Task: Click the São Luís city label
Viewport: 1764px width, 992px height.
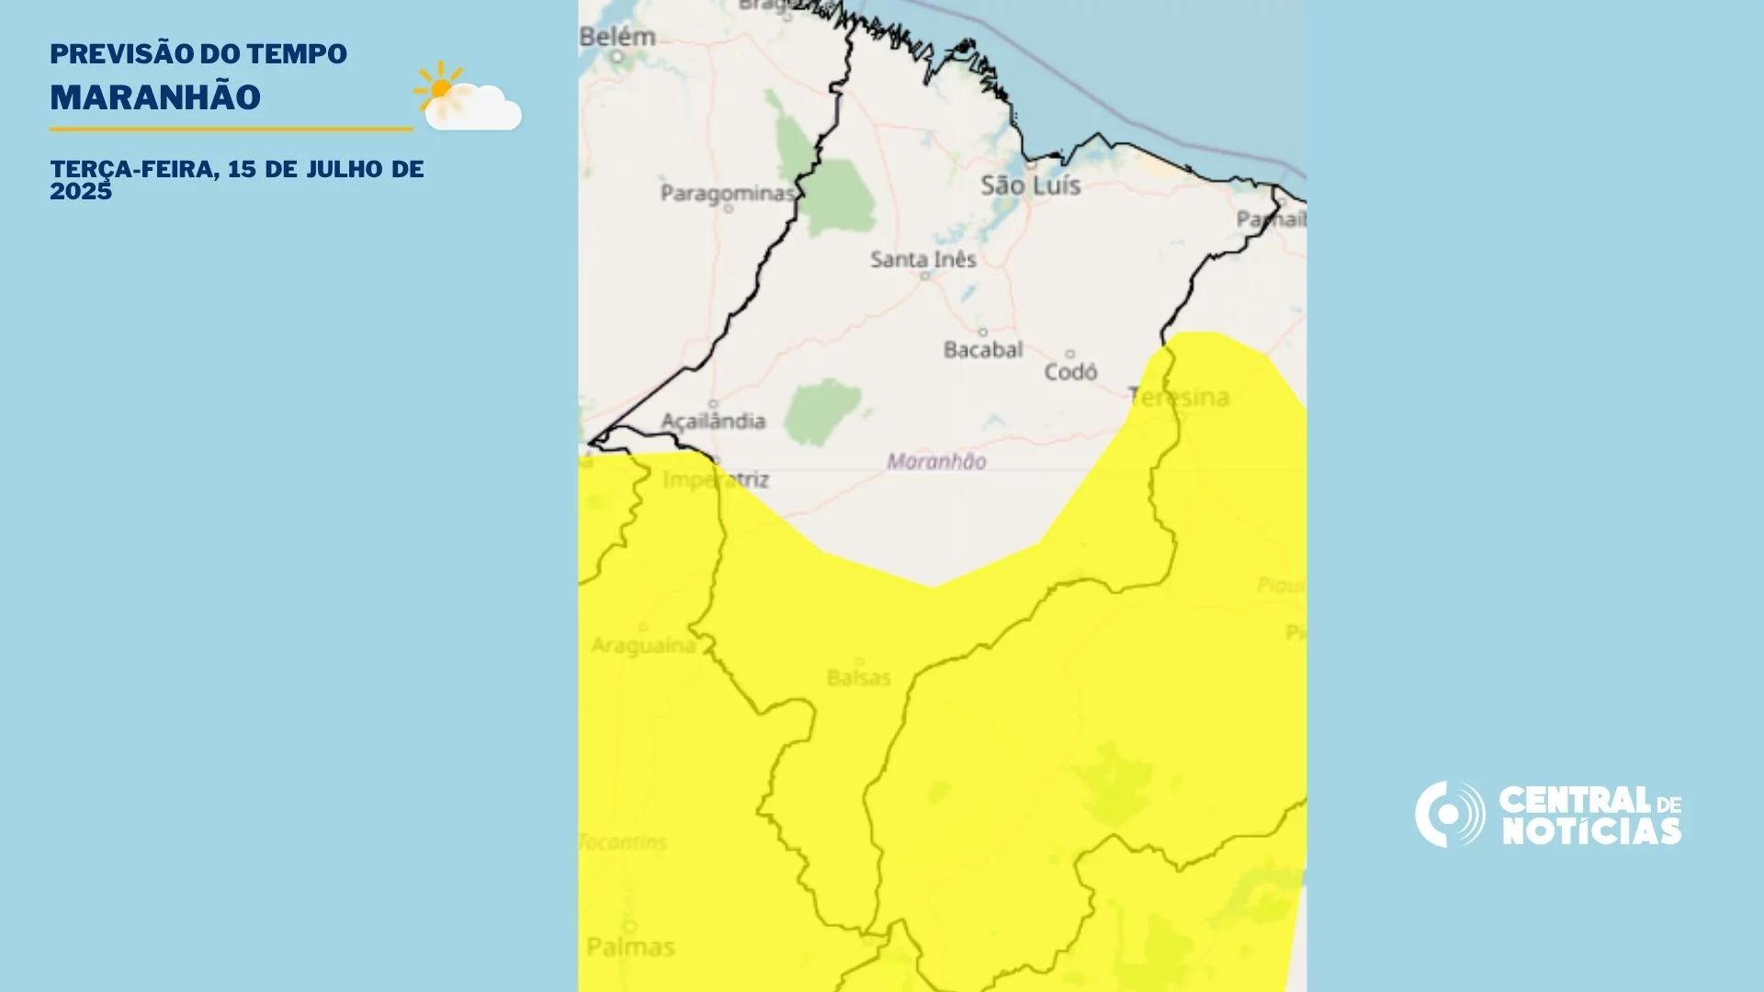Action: tap(1030, 186)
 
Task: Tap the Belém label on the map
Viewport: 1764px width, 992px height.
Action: tap(617, 38)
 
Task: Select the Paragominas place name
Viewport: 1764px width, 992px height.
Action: tap(727, 193)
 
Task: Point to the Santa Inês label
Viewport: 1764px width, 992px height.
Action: tap(922, 260)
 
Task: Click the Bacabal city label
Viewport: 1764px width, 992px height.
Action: tap(983, 350)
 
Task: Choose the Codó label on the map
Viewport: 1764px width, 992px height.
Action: tap(1070, 372)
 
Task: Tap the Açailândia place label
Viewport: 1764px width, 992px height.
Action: tap(713, 421)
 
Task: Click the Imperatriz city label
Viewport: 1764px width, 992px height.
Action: tap(716, 479)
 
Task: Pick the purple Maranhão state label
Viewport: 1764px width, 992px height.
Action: tap(936, 462)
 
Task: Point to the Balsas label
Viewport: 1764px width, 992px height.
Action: tap(858, 678)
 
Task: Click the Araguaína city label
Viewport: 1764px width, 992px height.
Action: tap(643, 646)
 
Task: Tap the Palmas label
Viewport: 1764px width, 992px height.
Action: tap(630, 947)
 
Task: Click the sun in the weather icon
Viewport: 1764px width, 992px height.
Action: tap(441, 88)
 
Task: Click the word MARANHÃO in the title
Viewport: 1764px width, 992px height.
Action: tap(155, 97)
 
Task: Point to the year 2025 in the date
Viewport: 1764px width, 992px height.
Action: tap(81, 191)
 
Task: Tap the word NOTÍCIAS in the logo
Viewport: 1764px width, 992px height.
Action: tap(1591, 831)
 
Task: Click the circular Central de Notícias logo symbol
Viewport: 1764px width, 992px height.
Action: tap(1449, 814)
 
